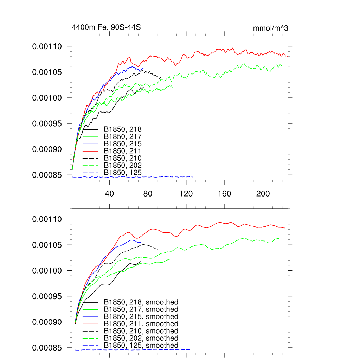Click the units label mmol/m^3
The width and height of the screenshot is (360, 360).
[x=270, y=28]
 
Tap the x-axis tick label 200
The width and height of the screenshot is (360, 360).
[x=263, y=194]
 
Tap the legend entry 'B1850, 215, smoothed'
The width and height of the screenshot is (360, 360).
[x=141, y=316]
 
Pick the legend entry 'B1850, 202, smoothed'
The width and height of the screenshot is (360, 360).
[x=141, y=338]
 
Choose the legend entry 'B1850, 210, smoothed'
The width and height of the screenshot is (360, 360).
[x=141, y=331]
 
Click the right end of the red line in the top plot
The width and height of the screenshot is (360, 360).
[x=288, y=56]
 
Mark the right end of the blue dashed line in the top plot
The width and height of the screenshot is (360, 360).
[x=193, y=176]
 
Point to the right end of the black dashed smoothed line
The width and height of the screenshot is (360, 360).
[x=158, y=250]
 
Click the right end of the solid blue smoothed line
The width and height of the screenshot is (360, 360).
[x=140, y=242]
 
